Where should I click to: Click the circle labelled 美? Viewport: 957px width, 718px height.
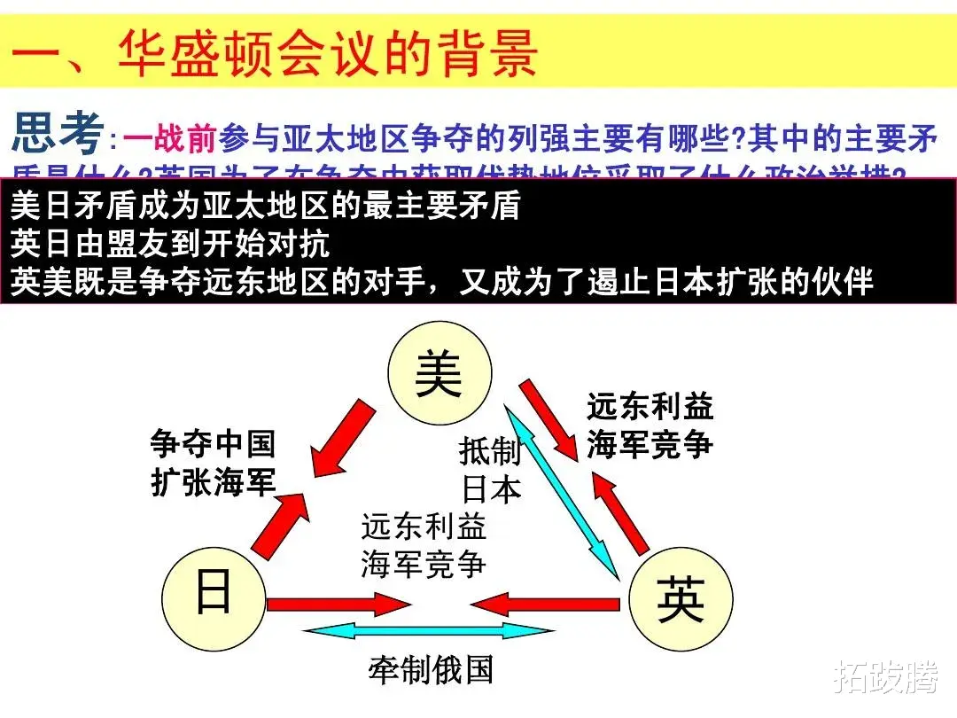[440, 373]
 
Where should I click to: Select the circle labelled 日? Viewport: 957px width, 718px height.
[214, 592]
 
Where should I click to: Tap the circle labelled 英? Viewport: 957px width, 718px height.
[681, 600]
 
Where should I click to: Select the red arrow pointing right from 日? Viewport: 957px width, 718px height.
[337, 605]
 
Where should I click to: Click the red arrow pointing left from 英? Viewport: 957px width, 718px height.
[545, 605]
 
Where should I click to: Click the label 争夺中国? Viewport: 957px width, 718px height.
[213, 442]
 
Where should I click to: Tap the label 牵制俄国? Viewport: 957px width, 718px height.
[431, 670]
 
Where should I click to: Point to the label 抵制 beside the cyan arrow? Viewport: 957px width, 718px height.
[490, 450]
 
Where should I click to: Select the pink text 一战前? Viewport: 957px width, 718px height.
[169, 138]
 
